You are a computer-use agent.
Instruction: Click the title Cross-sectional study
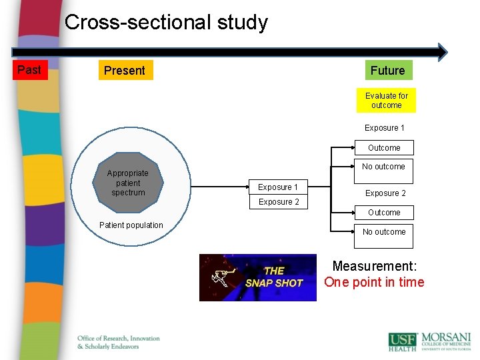(x=166, y=23)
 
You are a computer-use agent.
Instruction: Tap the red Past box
(x=29, y=70)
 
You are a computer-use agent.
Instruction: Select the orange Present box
(x=125, y=71)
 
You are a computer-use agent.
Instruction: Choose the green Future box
(x=387, y=71)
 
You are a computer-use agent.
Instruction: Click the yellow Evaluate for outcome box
(x=386, y=101)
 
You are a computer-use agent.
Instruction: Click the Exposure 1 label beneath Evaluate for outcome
(x=384, y=128)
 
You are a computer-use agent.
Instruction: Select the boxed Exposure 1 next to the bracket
(x=278, y=187)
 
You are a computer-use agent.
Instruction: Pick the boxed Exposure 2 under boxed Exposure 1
(x=279, y=202)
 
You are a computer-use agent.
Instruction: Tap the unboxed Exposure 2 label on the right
(x=385, y=193)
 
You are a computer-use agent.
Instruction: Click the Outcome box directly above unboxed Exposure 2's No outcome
(x=384, y=148)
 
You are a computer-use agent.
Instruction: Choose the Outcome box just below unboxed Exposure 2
(x=384, y=213)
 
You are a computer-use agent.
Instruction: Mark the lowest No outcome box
(x=384, y=235)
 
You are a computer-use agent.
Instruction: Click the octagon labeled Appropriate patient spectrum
(x=128, y=183)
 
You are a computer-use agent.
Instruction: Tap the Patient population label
(x=131, y=225)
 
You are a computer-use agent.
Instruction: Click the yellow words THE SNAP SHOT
(x=274, y=277)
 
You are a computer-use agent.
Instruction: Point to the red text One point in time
(x=374, y=282)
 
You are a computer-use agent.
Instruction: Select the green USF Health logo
(x=403, y=341)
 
